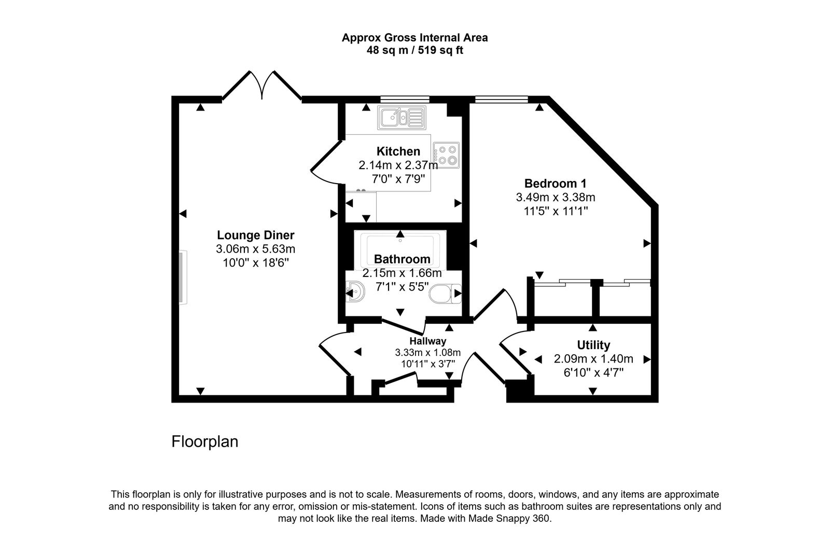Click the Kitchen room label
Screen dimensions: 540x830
coord(398,151)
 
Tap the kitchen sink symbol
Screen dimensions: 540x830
coord(402,118)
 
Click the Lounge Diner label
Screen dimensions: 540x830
coord(255,235)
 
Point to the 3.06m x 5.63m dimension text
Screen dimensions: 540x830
coord(255,249)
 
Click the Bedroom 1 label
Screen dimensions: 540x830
coord(555,183)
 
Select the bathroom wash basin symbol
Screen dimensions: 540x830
coord(355,293)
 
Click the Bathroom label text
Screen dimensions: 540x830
coord(402,259)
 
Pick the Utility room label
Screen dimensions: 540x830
coord(593,345)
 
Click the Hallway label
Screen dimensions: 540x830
coord(427,341)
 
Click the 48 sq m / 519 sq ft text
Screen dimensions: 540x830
coord(414,51)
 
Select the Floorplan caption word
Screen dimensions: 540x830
coord(205,442)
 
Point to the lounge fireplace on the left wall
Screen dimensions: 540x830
coord(183,278)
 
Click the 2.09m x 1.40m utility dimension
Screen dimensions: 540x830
coord(593,359)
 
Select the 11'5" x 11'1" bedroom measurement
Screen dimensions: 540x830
coord(555,211)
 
